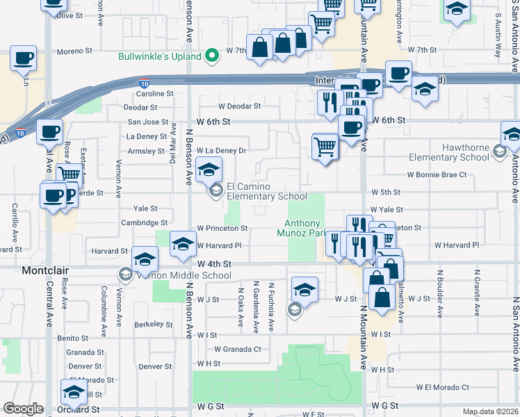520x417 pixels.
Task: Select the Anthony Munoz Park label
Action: click(x=305, y=228)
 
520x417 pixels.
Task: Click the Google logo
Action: click(x=23, y=409)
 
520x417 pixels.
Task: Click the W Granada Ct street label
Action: click(x=237, y=349)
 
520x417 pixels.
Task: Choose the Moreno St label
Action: click(x=74, y=51)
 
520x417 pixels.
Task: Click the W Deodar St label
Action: click(x=239, y=106)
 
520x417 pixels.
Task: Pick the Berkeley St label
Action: click(x=153, y=324)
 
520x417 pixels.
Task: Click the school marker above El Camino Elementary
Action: click(x=209, y=168)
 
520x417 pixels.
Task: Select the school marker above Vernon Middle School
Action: click(x=145, y=259)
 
